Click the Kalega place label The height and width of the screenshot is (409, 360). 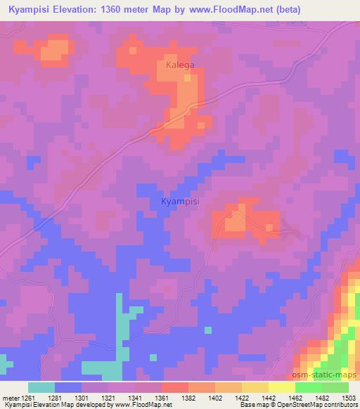tap(180, 65)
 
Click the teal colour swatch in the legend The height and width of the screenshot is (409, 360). tap(41, 387)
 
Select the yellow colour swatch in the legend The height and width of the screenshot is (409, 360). tap(282, 387)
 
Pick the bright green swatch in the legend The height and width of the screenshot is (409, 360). tap(309, 387)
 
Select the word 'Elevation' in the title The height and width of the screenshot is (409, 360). tap(78, 9)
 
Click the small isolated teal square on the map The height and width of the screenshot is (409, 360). tap(207, 329)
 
